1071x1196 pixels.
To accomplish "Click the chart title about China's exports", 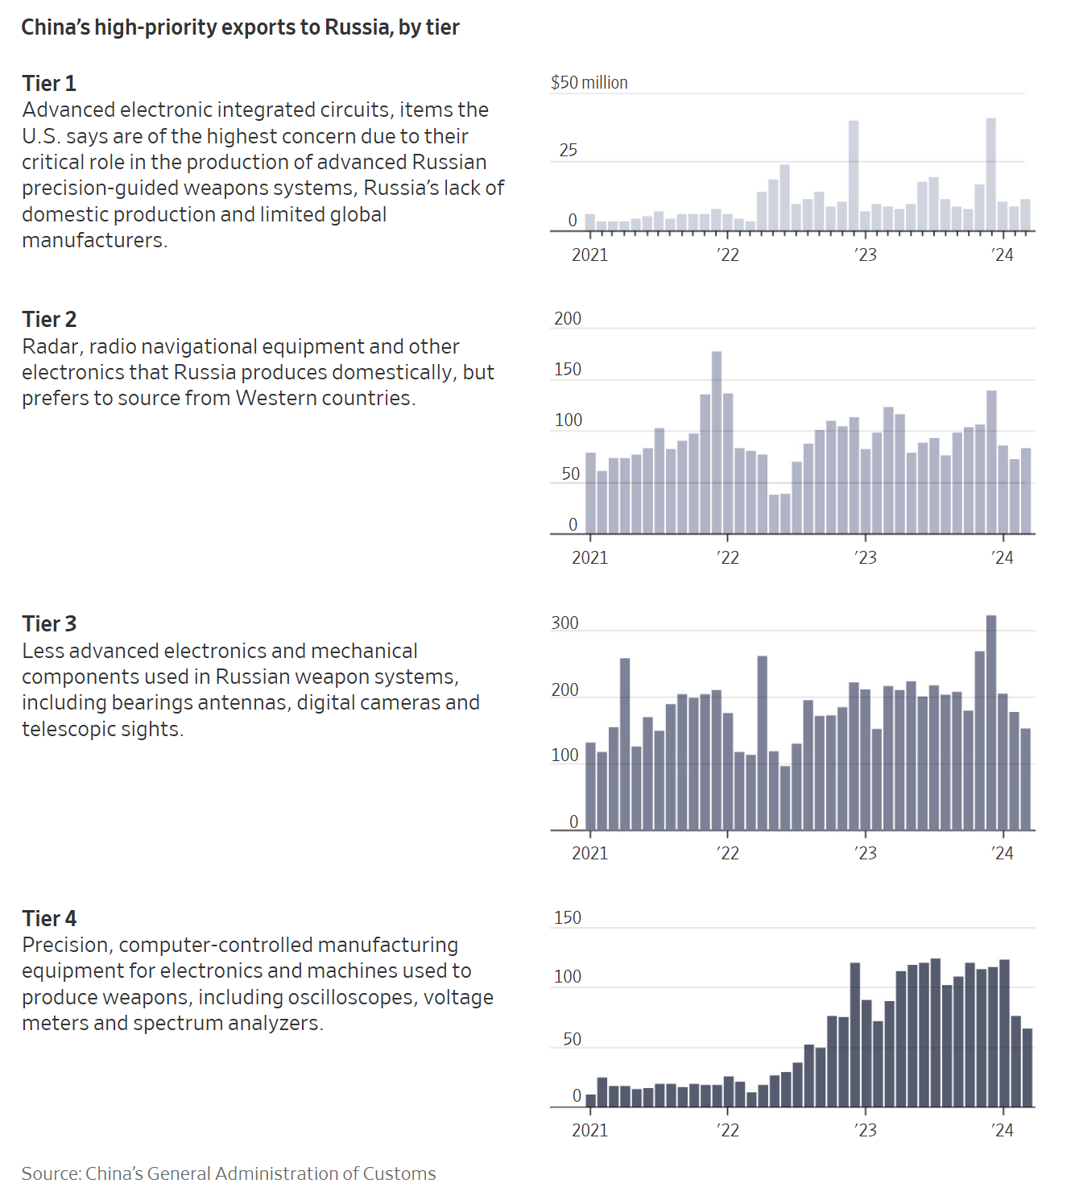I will [240, 27].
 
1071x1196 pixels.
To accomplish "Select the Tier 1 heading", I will [49, 83].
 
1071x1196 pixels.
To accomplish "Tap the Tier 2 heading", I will [49, 319].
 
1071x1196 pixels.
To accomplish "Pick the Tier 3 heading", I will [49, 623].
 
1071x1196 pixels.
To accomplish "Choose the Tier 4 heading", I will [49, 918].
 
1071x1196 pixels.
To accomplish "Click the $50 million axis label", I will [589, 82].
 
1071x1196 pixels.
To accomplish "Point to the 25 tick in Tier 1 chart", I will [569, 150].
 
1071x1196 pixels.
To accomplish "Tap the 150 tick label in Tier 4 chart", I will [568, 917].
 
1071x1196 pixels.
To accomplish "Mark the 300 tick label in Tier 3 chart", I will [565, 623].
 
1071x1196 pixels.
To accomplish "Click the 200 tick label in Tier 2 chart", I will [568, 318].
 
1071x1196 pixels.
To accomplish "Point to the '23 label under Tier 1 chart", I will [866, 255].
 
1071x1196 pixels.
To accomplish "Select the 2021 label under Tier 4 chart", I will [590, 1130].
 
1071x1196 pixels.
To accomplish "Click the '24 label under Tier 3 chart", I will [1003, 853].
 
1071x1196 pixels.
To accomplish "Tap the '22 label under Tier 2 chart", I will [728, 557].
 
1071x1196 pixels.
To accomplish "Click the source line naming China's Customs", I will [229, 1173].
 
